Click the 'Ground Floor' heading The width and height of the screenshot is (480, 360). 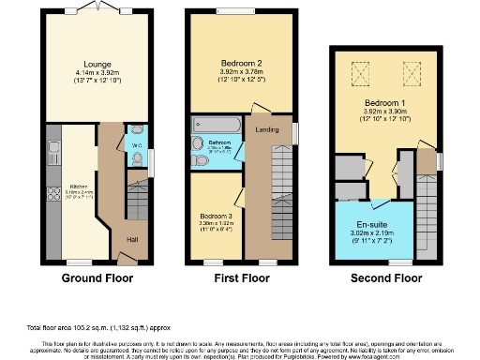pos(97,278)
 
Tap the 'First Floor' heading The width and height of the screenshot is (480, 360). pos(238,278)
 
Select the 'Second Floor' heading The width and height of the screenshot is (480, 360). pos(384,278)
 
